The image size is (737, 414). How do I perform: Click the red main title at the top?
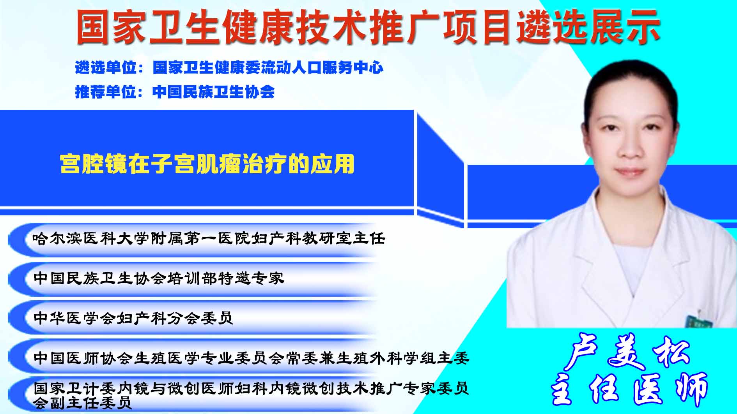tap(368, 26)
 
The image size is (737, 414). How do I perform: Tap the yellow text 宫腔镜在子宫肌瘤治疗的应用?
tap(207, 164)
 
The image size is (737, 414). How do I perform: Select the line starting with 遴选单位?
tap(229, 67)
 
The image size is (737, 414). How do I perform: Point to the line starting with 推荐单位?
tap(175, 92)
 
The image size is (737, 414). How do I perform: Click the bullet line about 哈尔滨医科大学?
tap(209, 238)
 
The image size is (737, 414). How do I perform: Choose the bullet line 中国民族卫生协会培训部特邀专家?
tap(159, 278)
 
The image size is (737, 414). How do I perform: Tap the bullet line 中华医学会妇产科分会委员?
tap(133, 318)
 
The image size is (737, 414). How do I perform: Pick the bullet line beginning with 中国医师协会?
tap(251, 358)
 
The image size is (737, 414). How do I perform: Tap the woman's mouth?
tap(629, 171)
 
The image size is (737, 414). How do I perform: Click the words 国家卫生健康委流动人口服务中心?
tap(268, 67)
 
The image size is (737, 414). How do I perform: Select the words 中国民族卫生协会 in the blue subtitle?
tap(214, 92)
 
